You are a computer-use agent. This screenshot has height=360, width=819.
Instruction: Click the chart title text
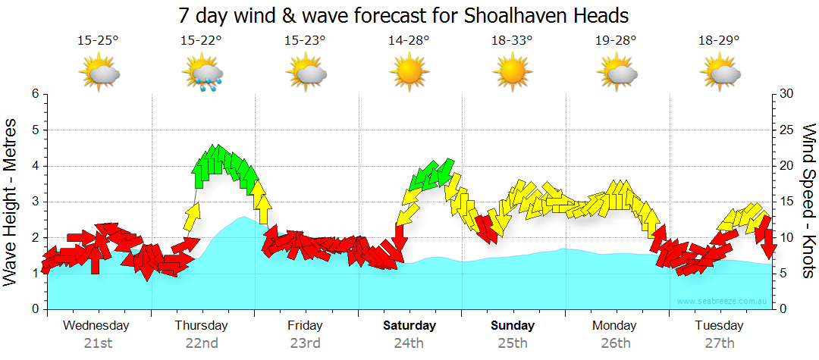click(404, 15)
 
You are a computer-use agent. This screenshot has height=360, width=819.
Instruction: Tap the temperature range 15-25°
click(98, 41)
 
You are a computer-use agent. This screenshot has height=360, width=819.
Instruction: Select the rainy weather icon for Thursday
click(202, 74)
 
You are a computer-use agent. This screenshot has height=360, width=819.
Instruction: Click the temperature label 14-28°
click(409, 41)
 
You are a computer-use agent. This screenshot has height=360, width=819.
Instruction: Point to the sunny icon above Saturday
click(409, 73)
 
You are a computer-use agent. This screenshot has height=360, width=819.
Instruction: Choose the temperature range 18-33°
click(513, 41)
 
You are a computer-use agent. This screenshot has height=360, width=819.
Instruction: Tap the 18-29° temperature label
click(719, 41)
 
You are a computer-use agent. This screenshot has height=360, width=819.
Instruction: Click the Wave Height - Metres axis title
click(11, 202)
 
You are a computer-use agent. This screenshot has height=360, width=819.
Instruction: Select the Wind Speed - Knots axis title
click(808, 201)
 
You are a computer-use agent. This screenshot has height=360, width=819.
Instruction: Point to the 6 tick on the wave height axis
click(35, 94)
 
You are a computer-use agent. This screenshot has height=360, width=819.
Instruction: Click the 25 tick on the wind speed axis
click(785, 130)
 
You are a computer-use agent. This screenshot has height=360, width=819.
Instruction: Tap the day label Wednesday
click(96, 326)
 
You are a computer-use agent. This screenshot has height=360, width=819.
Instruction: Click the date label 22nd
click(202, 343)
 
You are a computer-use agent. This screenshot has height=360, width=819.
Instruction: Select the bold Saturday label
click(409, 326)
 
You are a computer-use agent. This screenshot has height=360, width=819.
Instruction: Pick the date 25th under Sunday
click(513, 343)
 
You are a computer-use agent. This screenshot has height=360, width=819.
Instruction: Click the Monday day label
click(615, 326)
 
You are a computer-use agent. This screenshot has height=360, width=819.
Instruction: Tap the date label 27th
click(719, 343)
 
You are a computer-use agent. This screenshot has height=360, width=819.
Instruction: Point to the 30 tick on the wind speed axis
click(785, 94)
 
